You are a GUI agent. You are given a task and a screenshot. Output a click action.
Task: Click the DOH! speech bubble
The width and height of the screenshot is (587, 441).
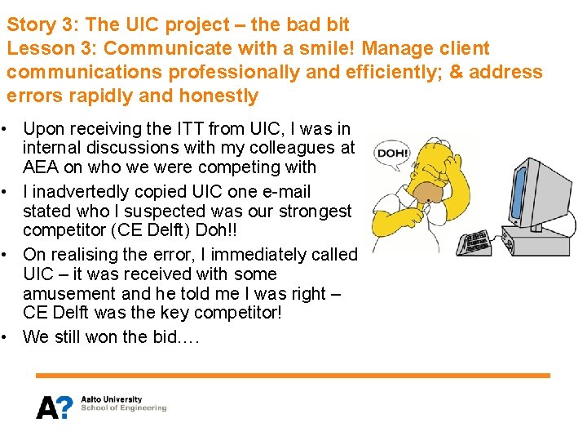pos(391,153)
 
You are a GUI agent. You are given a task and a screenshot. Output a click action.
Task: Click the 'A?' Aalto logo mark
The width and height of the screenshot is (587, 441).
pos(54,406)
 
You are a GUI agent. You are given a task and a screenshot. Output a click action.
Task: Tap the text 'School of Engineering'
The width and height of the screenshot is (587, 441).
pos(123,408)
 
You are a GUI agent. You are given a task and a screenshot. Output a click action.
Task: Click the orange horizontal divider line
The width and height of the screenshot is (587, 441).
pos(293,376)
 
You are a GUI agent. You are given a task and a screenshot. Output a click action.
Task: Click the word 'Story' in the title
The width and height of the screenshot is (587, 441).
pos(31,25)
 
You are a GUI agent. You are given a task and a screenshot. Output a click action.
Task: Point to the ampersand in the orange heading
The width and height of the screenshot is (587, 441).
pos(456,72)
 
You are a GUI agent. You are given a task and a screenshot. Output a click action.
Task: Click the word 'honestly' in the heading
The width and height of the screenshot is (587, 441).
pos(217,96)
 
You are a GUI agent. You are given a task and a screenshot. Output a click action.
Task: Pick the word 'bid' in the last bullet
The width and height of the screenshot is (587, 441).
pos(167,336)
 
